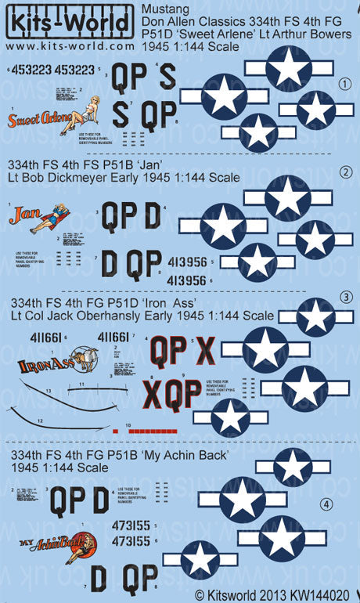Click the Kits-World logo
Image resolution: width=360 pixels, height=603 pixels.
[67, 21]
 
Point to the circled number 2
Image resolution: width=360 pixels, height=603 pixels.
[345, 172]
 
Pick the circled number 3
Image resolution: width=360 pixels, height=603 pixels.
[345, 298]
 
